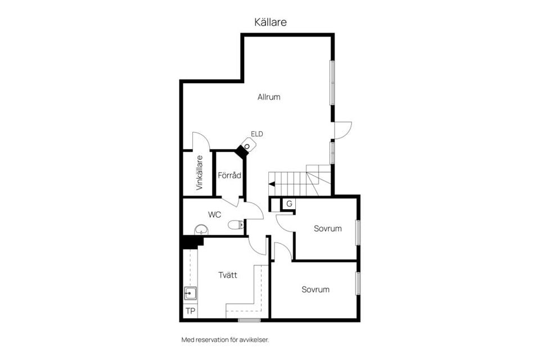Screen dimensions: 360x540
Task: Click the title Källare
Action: pos(271,22)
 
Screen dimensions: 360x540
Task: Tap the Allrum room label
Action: pos(269,97)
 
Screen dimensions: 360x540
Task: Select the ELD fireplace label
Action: pos(257,134)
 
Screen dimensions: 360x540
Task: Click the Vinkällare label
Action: pos(199,173)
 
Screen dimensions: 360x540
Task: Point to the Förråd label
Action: pos(229,175)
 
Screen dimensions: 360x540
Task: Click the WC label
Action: pos(214,214)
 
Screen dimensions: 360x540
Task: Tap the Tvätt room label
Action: pos(228,275)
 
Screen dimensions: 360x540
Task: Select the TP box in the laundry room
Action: pos(191,311)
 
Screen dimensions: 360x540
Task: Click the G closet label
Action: pos(289,204)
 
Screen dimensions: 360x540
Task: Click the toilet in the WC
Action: pos(236,225)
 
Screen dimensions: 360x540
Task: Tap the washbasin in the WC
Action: pos(201,230)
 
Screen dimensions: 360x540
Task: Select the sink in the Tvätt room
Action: pos(191,292)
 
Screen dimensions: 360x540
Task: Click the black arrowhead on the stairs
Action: pos(272,184)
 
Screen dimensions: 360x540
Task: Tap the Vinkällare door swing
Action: pos(200,141)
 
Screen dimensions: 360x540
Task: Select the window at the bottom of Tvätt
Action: pos(249,320)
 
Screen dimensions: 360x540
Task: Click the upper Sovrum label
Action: pos(328,228)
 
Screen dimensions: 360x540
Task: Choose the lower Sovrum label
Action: pos(316,290)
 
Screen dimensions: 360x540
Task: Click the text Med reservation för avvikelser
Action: pos(229,340)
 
